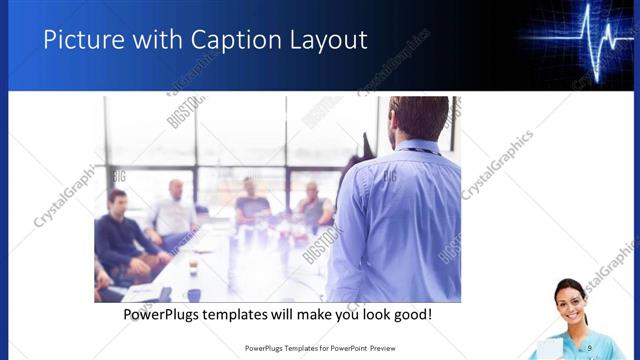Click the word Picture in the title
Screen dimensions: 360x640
(x=77, y=39)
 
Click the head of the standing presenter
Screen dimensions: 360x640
(x=418, y=117)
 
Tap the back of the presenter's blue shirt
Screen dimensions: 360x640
(x=400, y=220)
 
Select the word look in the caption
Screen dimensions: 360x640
(x=370, y=315)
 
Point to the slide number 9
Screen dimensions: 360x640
(x=590, y=347)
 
